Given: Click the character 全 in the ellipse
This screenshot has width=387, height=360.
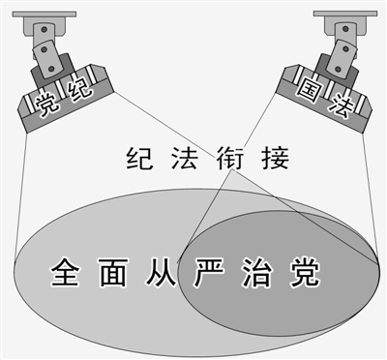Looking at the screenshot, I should click(64, 270).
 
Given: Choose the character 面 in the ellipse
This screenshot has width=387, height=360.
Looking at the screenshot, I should click(114, 270).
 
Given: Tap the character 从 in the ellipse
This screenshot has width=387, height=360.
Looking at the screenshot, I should click(162, 270).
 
